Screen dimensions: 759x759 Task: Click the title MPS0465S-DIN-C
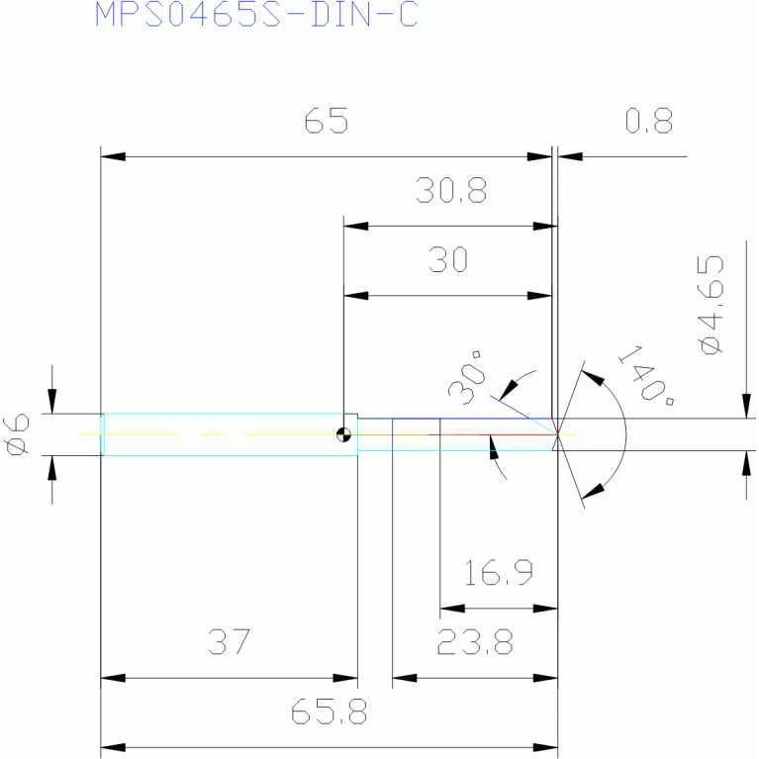click(x=256, y=14)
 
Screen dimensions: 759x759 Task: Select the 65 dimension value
click(x=327, y=121)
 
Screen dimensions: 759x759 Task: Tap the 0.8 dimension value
click(x=649, y=121)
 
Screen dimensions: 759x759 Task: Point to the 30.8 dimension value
click(x=451, y=190)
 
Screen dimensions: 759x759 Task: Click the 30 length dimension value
click(x=448, y=260)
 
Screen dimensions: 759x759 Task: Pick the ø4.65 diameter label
click(x=712, y=305)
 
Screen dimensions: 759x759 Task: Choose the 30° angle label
click(x=467, y=379)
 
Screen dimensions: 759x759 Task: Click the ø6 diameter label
click(x=16, y=434)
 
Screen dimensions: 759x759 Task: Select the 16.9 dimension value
click(x=499, y=573)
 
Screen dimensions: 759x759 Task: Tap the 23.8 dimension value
click(x=475, y=642)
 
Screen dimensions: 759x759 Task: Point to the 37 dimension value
click(x=230, y=642)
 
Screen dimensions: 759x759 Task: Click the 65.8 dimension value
click(x=329, y=712)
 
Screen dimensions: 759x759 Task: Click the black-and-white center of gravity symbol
click(x=343, y=434)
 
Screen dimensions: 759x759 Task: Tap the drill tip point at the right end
click(x=558, y=434)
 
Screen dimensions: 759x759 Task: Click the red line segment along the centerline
click(x=499, y=434)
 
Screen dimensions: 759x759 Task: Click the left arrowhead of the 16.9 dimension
click(x=452, y=609)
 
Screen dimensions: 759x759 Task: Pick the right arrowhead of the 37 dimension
click(x=345, y=678)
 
